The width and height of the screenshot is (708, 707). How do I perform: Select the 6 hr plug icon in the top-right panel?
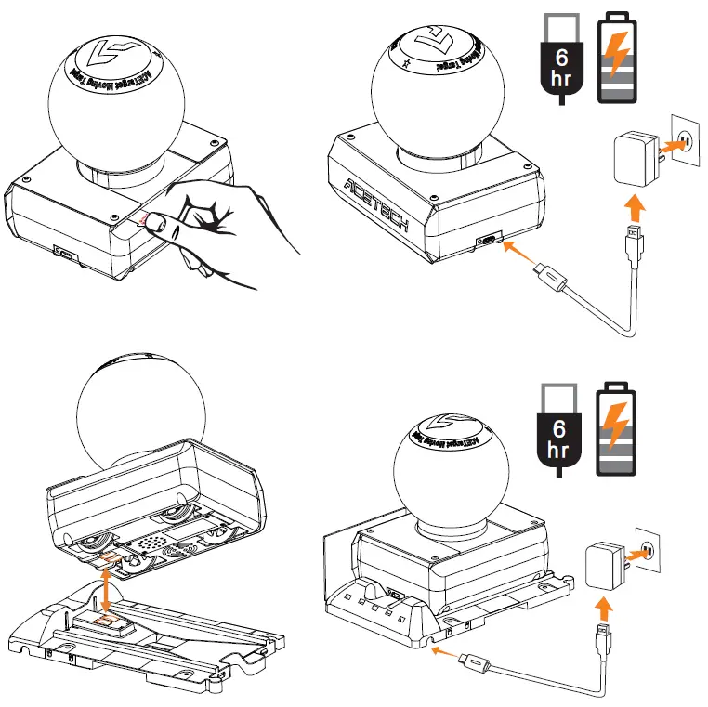(x=561, y=58)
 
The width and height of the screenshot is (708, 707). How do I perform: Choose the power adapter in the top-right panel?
(x=635, y=157)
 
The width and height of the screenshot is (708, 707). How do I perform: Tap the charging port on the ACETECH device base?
(x=486, y=242)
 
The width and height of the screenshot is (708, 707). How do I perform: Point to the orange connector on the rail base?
(x=107, y=619)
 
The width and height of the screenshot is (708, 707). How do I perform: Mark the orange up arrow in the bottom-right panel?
(x=604, y=609)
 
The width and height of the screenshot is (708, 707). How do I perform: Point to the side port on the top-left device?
(x=64, y=252)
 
